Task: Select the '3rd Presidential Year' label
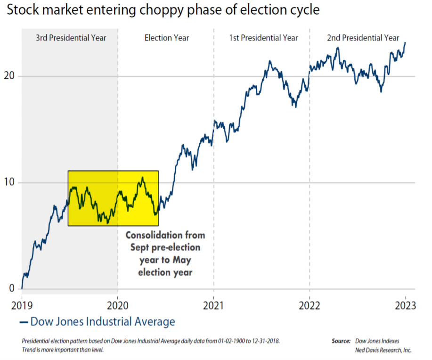point(71,38)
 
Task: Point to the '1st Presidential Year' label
point(263,38)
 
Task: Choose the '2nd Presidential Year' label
point(363,38)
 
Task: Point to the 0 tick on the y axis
point(13,288)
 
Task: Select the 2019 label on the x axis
point(22,305)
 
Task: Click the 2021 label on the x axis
point(213,305)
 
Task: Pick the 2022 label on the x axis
point(310,305)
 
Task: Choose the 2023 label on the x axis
point(405,305)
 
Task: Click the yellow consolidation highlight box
point(113,198)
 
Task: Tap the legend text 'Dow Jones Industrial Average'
point(103,322)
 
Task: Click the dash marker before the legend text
point(24,322)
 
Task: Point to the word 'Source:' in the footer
point(341,341)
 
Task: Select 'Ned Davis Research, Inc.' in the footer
point(383,350)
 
